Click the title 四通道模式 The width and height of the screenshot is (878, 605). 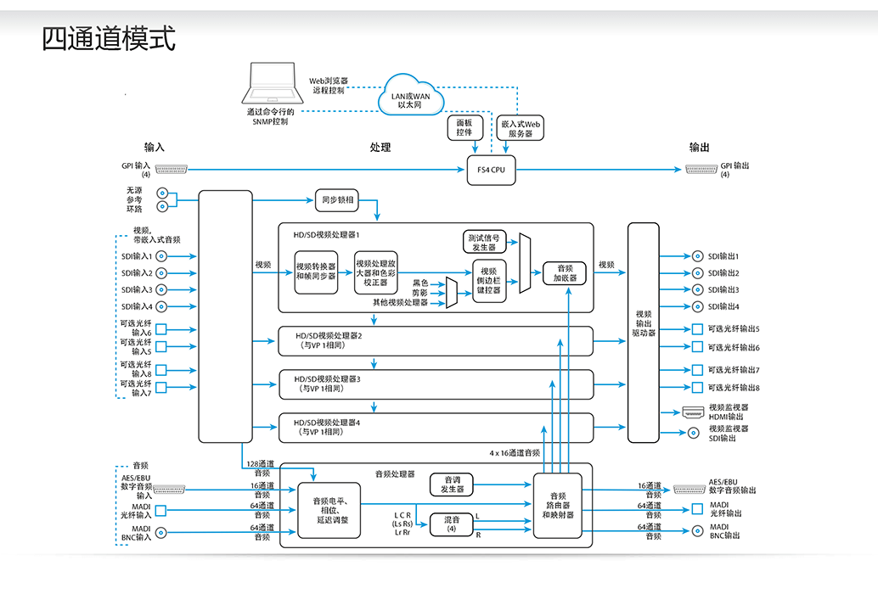[109, 39]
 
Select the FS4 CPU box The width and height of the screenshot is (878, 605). [491, 170]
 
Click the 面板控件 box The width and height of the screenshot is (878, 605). [464, 127]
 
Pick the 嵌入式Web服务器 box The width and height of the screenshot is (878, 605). [521, 127]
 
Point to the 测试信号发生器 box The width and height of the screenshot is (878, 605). [485, 241]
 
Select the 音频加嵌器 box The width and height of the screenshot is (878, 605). [565, 272]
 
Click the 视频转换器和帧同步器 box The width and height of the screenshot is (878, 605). [316, 272]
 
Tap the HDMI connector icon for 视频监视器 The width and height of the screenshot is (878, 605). [691, 412]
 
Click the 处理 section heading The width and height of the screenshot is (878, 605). [380, 148]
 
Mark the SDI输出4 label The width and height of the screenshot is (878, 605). [724, 306]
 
